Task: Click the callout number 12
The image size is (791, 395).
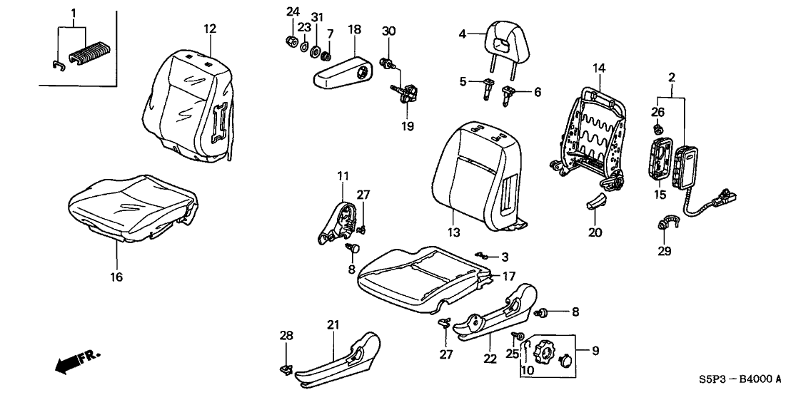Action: pos(208,29)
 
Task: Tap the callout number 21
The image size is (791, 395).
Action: pos(332,325)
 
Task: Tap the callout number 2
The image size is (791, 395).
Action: pos(671,76)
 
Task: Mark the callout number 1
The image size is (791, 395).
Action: pos(73,12)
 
